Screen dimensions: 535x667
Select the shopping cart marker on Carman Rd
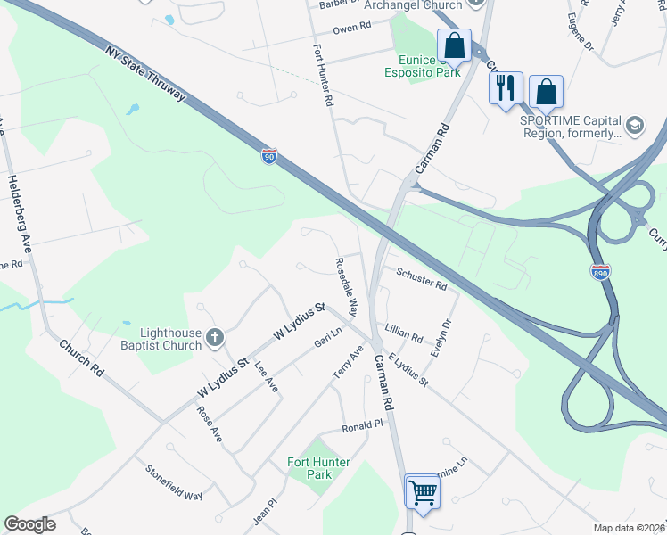click(422, 490)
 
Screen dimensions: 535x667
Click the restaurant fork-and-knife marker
click(505, 88)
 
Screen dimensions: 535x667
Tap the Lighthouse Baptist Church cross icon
click(214, 337)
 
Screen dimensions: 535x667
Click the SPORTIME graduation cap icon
click(635, 123)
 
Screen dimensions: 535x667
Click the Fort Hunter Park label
click(318, 468)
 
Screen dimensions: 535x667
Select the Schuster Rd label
click(421, 280)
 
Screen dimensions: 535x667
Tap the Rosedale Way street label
click(346, 288)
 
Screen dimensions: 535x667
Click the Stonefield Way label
click(175, 483)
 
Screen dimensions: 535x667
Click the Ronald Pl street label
click(362, 427)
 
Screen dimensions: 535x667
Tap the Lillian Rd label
click(404, 334)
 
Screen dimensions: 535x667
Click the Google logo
click(30, 524)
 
